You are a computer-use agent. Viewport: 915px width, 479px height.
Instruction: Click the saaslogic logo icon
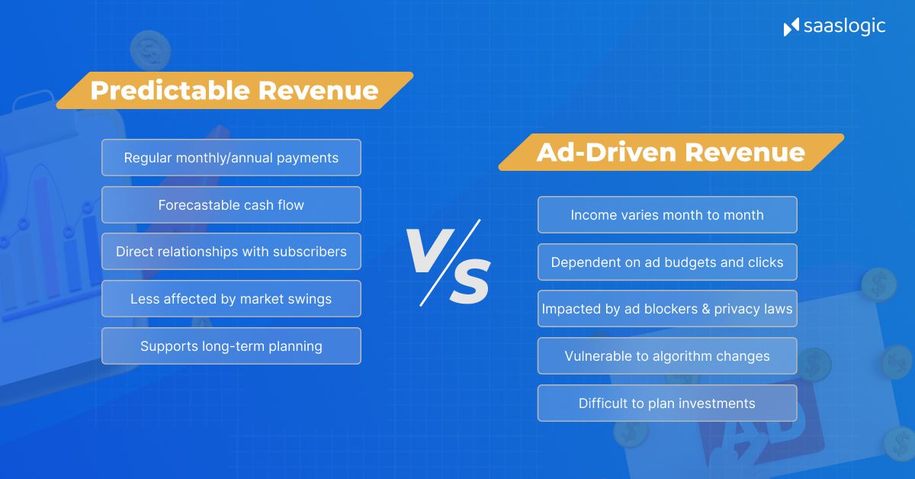[791, 27]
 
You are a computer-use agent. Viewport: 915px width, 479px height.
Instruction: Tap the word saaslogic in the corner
[844, 27]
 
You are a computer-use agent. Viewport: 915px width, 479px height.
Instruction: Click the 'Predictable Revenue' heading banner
[234, 91]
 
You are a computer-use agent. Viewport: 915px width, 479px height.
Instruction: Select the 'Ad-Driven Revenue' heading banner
[670, 153]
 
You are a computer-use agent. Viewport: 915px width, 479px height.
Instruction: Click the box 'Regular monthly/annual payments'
[231, 158]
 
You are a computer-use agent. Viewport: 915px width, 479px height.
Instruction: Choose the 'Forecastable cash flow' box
[231, 205]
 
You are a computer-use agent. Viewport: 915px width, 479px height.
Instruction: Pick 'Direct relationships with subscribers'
[231, 252]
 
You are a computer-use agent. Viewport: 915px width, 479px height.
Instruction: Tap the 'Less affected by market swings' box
[231, 299]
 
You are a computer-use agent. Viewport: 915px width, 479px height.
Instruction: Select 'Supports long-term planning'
[231, 346]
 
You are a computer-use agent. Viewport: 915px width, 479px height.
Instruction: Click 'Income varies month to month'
[667, 215]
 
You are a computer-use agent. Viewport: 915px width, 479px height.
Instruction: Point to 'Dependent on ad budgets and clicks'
[667, 262]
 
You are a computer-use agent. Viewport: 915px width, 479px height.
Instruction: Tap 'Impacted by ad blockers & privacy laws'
[667, 309]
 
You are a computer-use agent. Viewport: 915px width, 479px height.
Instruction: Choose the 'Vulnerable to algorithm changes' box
[667, 356]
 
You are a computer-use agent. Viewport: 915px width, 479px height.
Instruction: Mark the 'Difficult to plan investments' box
[667, 403]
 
